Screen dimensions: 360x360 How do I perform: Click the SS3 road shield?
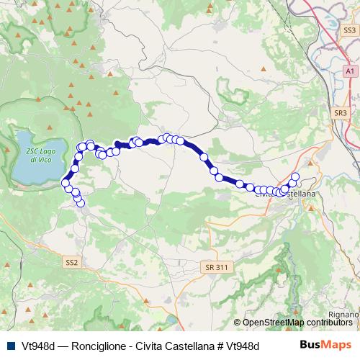pos(349,30)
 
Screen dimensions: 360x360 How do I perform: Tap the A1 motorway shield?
pos(348,72)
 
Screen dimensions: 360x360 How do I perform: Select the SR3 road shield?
pos(341,113)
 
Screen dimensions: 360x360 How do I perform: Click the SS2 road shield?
pos(71,262)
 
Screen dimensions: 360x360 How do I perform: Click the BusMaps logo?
pos(325,345)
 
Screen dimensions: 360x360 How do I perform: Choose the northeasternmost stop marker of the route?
pos(294,176)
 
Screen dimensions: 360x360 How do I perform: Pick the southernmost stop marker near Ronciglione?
pos(81,203)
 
